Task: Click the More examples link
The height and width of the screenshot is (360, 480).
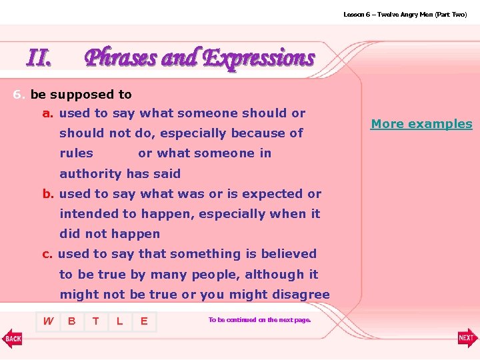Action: [421, 124]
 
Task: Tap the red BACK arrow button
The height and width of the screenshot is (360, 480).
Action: [12, 338]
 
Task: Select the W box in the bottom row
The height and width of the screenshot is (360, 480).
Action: [48, 321]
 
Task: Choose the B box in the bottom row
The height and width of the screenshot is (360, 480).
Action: [72, 321]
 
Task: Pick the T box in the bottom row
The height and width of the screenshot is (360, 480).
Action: [96, 321]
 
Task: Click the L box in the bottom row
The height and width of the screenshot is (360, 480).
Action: [120, 321]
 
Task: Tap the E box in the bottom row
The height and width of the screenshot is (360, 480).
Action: [144, 321]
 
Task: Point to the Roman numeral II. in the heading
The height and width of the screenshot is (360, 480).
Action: [39, 59]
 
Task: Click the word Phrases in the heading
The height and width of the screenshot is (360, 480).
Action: [122, 58]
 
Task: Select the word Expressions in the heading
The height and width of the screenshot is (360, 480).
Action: [258, 58]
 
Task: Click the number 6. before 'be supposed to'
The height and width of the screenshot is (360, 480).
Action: [19, 95]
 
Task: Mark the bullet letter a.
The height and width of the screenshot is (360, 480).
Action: [48, 113]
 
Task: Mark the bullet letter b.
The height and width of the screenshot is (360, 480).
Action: [48, 194]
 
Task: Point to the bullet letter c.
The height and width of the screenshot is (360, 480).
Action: [47, 254]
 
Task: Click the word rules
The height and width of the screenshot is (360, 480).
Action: [77, 153]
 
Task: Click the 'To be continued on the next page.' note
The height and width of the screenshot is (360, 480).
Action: [260, 320]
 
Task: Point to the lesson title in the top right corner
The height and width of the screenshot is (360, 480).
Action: [405, 14]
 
